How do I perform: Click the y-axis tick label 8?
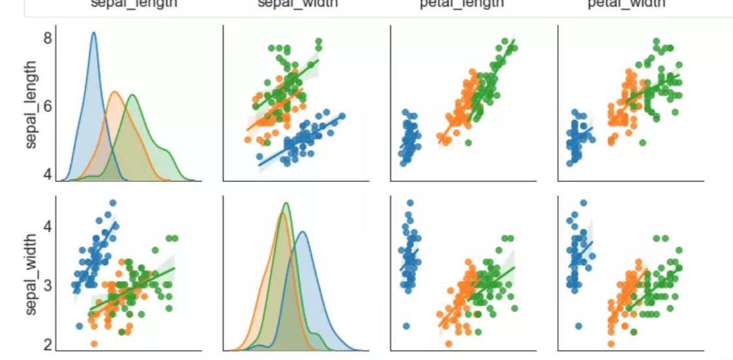point(47,38)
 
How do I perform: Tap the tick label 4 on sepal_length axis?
point(47,174)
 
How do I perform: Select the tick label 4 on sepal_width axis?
point(47,226)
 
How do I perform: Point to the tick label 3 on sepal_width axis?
point(47,284)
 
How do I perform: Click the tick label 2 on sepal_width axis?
point(47,344)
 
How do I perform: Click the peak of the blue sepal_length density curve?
point(93,33)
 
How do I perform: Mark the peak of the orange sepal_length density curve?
point(115,92)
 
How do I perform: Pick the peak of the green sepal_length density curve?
point(133,95)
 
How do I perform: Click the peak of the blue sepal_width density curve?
point(303,233)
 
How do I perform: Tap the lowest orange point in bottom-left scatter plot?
point(94,344)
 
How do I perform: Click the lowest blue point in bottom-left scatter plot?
point(80,325)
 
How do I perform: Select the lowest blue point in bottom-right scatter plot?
point(577,325)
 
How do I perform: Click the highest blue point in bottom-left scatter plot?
point(112,203)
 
